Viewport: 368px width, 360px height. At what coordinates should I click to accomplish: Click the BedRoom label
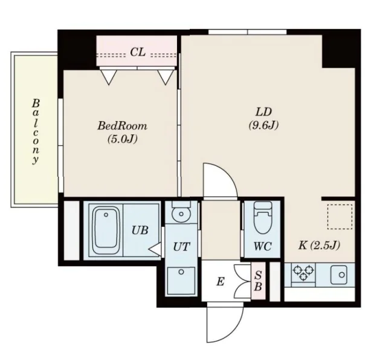coord(122,126)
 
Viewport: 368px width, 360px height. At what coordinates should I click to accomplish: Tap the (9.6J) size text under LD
coord(263,125)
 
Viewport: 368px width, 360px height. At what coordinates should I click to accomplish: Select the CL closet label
coord(138,52)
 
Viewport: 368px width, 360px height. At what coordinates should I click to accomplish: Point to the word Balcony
coord(36,131)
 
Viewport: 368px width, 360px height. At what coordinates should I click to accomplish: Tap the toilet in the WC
coord(263,217)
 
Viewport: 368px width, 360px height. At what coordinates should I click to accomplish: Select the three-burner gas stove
coord(303,273)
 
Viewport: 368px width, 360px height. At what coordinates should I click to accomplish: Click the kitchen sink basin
coord(339,275)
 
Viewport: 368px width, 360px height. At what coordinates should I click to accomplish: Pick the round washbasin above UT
coord(181,214)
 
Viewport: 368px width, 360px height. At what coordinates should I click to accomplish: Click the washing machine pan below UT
coord(181,280)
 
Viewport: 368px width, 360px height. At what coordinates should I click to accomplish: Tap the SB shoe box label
coord(258,281)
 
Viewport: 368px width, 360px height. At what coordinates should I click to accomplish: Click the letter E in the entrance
coord(220,281)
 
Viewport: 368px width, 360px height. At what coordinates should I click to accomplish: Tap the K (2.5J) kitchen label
coord(318,246)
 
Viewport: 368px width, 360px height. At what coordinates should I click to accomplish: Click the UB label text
coord(140,231)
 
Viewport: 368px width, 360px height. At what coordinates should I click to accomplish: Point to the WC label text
coord(262,246)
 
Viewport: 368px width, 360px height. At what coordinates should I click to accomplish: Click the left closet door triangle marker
coord(109,76)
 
